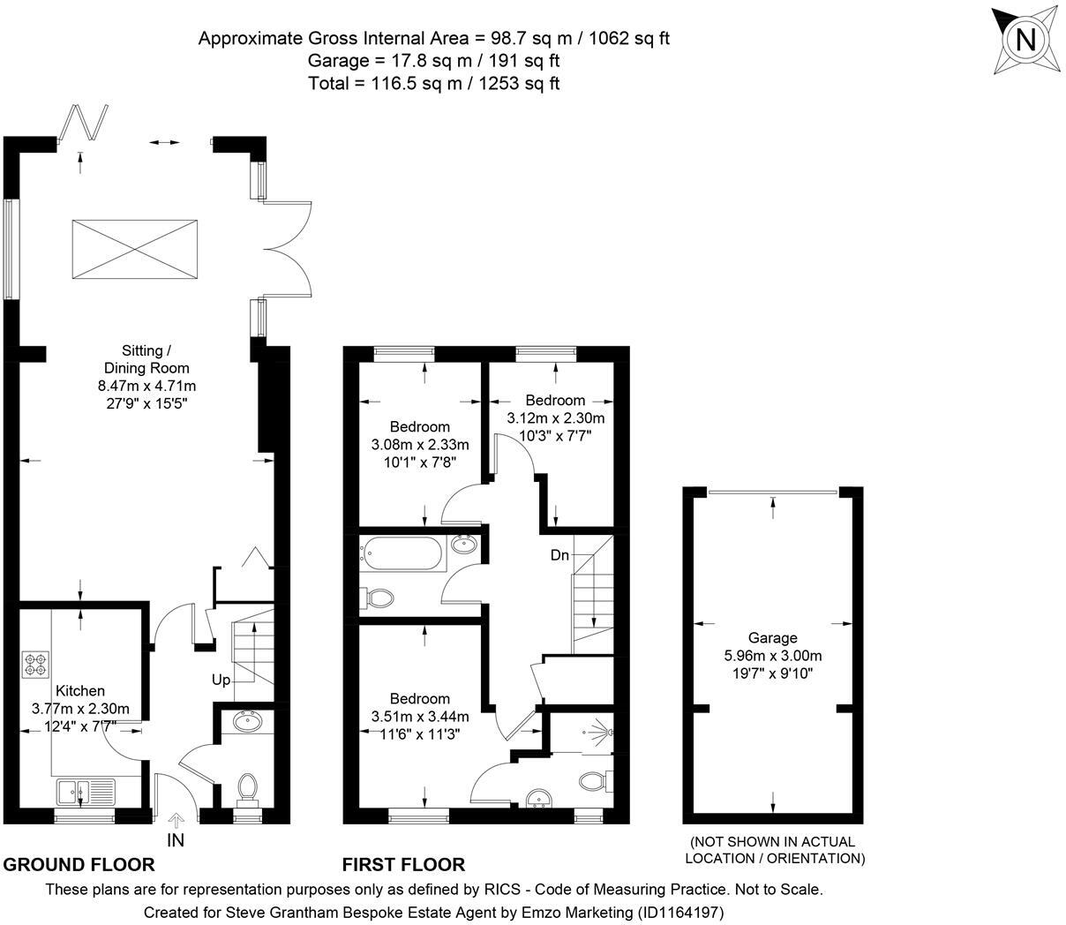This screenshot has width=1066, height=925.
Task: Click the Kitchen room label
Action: [x=80, y=691]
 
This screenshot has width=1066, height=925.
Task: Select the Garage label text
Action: [x=772, y=638]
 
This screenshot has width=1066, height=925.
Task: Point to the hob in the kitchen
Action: [x=36, y=664]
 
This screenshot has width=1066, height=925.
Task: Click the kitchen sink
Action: [x=86, y=789]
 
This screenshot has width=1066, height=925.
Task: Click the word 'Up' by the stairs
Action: [x=221, y=681]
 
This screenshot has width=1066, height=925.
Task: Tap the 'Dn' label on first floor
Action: [x=560, y=555]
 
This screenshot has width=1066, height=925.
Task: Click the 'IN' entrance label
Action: [x=176, y=840]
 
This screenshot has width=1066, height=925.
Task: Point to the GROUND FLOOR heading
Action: [x=79, y=865]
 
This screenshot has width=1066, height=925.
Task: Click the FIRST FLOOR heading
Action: [x=403, y=865]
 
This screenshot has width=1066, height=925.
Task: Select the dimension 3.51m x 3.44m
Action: [x=420, y=716]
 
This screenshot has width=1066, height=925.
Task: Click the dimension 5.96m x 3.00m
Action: [x=772, y=656]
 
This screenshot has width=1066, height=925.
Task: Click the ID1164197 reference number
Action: [x=683, y=911]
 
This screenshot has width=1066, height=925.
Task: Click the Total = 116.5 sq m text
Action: [x=433, y=84]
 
